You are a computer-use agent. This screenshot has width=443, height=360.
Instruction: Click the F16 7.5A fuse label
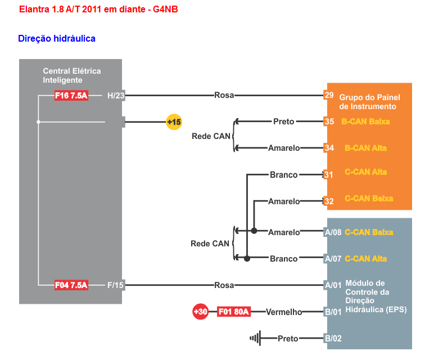[x=71, y=96]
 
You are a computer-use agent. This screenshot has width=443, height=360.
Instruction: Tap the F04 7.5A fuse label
[x=71, y=285]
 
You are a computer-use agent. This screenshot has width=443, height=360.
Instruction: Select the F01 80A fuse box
[x=233, y=312]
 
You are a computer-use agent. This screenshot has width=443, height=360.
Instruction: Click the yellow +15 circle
[x=174, y=121]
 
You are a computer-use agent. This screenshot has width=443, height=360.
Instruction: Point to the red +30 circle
[x=201, y=312]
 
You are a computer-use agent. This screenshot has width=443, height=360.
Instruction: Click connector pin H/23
[x=116, y=96]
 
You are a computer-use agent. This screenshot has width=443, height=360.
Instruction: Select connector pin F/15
[x=115, y=285]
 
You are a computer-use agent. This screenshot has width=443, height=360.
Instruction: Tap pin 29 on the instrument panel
[x=329, y=95]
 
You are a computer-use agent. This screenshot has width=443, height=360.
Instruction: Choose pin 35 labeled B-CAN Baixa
[x=329, y=121]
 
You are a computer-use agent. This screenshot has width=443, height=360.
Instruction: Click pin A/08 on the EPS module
[x=332, y=232]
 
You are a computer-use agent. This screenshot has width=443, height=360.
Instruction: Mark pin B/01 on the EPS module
[x=332, y=312]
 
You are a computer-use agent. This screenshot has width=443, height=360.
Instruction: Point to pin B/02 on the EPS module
[x=332, y=339]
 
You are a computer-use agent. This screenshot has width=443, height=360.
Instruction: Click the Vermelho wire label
[x=284, y=312]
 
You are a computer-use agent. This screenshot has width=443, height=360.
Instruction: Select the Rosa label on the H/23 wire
[x=224, y=95]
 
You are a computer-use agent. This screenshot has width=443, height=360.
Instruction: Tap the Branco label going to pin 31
[x=284, y=175]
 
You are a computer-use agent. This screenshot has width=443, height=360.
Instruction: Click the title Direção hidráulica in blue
[x=57, y=38]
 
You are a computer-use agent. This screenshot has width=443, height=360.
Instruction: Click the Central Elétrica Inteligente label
[x=71, y=75]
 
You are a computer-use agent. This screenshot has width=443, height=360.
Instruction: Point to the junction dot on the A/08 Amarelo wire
[x=254, y=231]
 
